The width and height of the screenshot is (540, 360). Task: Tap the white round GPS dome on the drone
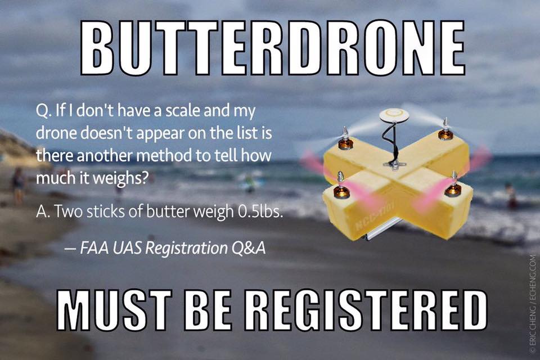[393, 115]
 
